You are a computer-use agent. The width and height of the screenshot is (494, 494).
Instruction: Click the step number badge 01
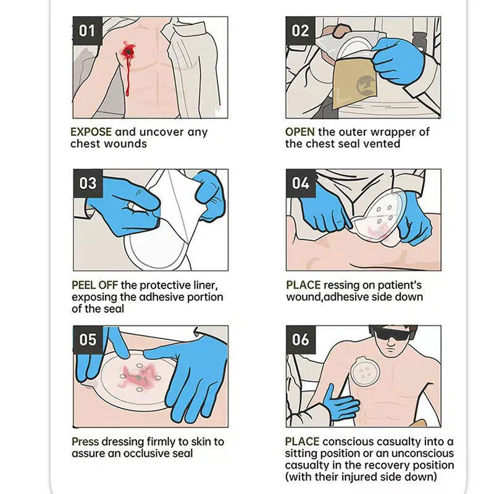[x=88, y=30]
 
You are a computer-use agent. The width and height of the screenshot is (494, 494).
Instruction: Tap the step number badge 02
[x=301, y=30]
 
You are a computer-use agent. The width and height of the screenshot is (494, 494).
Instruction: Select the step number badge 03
[x=88, y=183]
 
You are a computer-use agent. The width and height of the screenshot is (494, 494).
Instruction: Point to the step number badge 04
[x=301, y=183]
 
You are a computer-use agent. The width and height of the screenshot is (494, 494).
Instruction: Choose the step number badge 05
[x=88, y=340]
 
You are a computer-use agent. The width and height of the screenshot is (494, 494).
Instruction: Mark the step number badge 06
[x=301, y=340]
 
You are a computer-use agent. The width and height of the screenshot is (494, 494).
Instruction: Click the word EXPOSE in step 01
[x=91, y=132]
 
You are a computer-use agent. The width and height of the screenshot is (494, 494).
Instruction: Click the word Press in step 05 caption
[x=85, y=442]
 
